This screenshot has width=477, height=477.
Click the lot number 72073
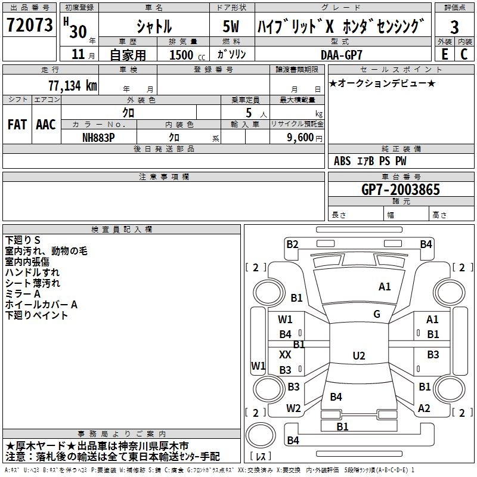[29, 25]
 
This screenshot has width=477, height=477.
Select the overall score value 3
[454, 27]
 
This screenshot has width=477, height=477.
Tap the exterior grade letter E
[444, 54]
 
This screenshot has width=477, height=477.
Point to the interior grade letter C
[464, 54]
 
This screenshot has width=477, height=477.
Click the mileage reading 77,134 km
[70, 85]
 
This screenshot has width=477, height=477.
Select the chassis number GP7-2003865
[401, 190]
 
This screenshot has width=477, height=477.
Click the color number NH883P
[99, 137]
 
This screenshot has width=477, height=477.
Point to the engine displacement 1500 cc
[185, 55]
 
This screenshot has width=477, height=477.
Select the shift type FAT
[17, 125]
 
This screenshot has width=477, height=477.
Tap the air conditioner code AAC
[46, 125]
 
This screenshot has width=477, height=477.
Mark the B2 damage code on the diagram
[292, 244]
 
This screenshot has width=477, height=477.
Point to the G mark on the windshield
[376, 314]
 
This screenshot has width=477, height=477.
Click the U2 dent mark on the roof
[358, 356]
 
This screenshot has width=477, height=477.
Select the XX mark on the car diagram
[286, 354]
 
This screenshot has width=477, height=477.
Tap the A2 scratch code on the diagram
[424, 408]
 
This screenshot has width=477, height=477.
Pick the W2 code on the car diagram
[293, 408]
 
